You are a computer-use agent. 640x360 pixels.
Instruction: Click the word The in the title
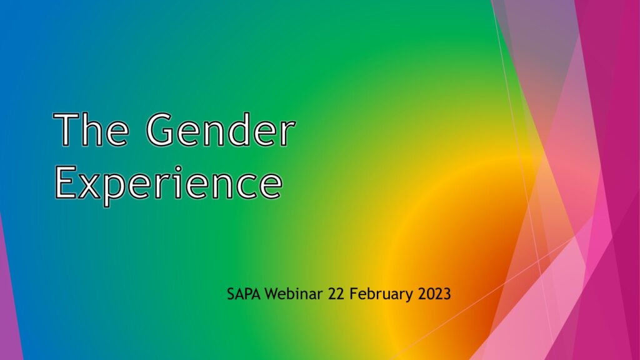91,129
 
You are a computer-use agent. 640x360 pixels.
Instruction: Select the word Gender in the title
221,129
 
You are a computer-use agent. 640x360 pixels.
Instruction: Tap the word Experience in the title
169,183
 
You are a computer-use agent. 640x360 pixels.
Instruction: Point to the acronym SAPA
244,294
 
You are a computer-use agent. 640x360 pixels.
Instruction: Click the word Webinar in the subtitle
294,294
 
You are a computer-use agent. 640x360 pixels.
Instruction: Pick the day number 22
336,294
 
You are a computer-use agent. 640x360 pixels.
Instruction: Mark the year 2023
434,294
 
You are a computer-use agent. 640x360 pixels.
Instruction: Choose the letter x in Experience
90,187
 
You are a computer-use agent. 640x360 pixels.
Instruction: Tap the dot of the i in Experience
178,167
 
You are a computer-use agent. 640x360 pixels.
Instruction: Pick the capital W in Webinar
272,294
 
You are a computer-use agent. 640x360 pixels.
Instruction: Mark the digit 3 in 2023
447,294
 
